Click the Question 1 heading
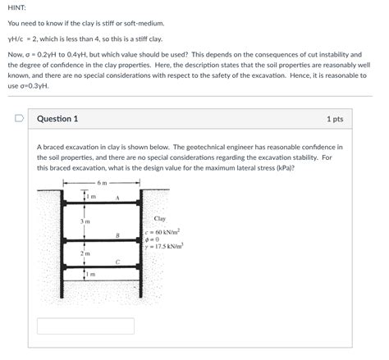click(x=57, y=119)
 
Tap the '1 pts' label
click(x=334, y=119)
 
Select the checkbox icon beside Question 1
click(x=18, y=119)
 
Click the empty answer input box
click(x=85, y=326)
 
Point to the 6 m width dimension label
click(x=102, y=183)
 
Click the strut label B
click(x=117, y=235)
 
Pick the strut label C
click(x=117, y=262)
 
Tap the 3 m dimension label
click(x=85, y=221)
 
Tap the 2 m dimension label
click(x=85, y=253)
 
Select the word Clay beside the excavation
click(x=160, y=218)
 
